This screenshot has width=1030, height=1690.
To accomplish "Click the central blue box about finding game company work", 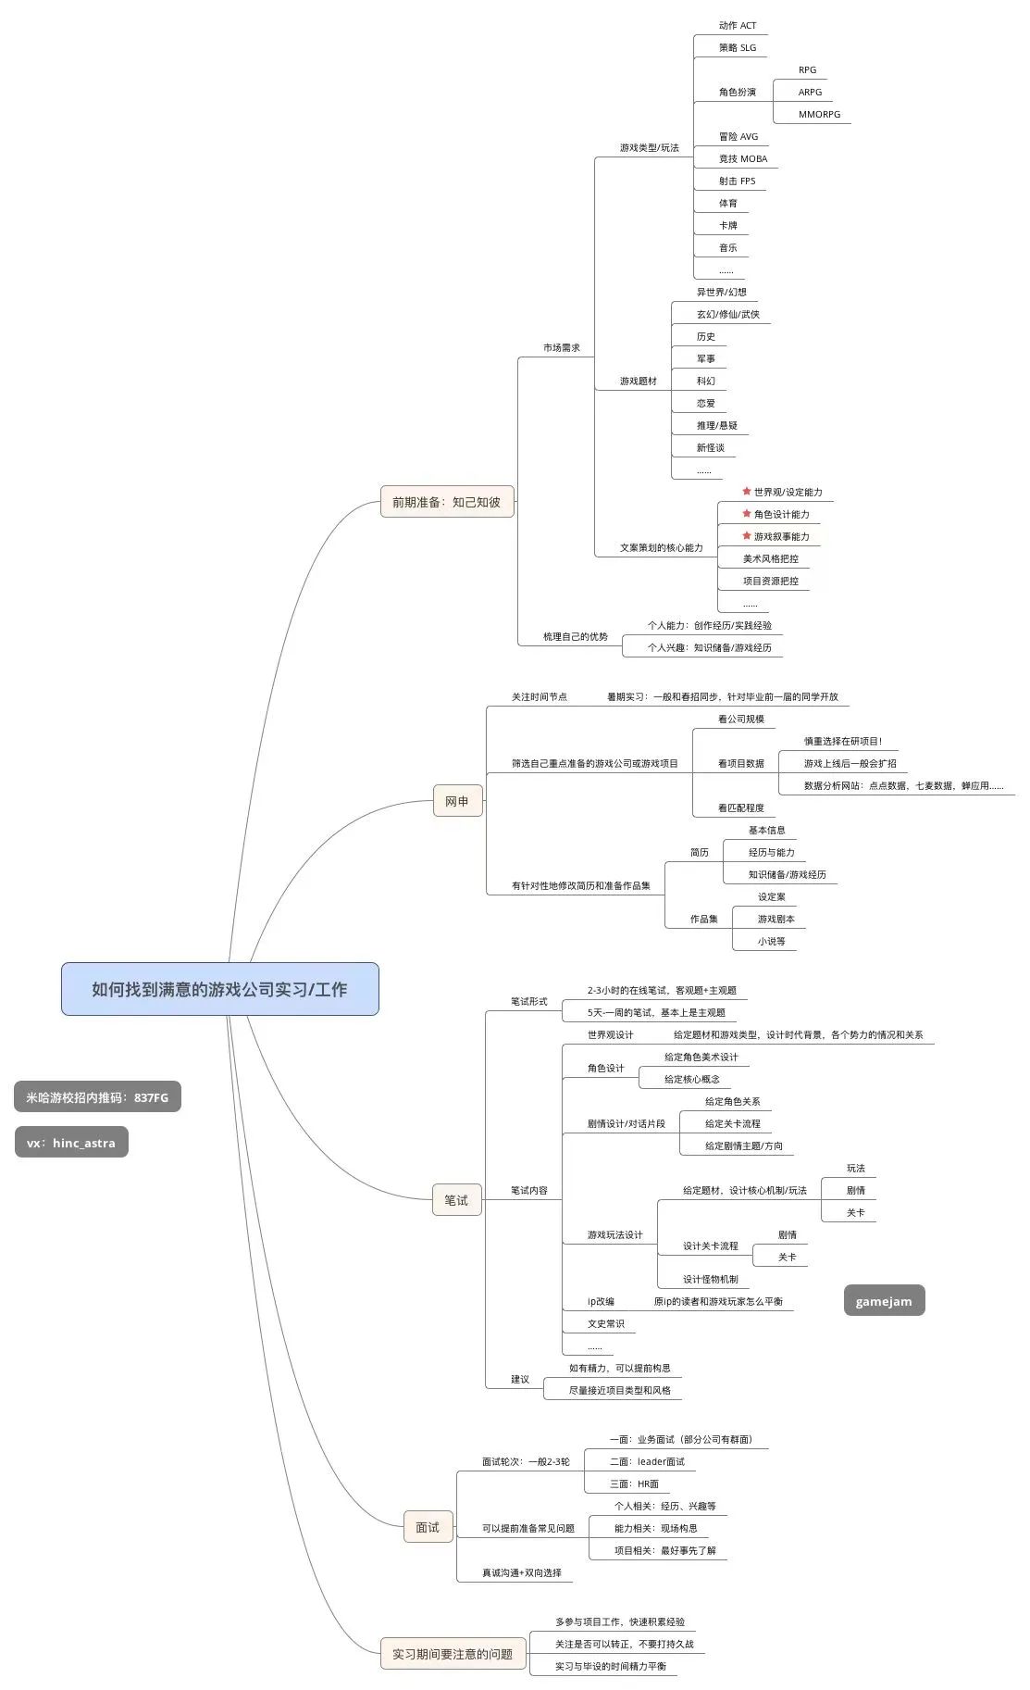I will pyautogui.click(x=219, y=989).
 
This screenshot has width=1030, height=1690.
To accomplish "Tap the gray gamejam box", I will pyautogui.click(x=884, y=1301).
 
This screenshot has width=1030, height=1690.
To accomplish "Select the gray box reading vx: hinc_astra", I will pyautogui.click(x=71, y=1143).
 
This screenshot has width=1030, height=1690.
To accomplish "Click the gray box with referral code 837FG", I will pyautogui.click(x=97, y=1097).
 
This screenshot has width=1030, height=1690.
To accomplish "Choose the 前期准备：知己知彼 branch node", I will pyautogui.click(x=446, y=502).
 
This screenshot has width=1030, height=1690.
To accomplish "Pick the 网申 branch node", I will pyautogui.click(x=457, y=801).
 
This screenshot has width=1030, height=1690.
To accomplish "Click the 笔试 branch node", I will pyautogui.click(x=456, y=1200).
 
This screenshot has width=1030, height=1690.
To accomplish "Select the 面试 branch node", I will pyautogui.click(x=428, y=1527).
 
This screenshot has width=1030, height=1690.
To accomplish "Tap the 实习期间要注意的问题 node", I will pyautogui.click(x=453, y=1654).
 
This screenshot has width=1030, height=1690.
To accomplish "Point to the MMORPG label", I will pyautogui.click(x=819, y=115).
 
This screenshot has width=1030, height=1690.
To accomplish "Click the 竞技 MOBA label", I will pyautogui.click(x=742, y=159).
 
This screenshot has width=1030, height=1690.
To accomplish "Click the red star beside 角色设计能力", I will pyautogui.click(x=747, y=513).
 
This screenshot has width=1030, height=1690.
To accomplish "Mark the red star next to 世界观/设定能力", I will pyautogui.click(x=747, y=491).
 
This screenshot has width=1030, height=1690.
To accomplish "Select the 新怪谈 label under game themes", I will pyautogui.click(x=710, y=448).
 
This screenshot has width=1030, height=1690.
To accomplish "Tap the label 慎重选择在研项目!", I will pyautogui.click(x=842, y=742).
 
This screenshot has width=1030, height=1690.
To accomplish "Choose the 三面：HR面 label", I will pyautogui.click(x=634, y=1483).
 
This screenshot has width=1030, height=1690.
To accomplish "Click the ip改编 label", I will pyautogui.click(x=601, y=1302).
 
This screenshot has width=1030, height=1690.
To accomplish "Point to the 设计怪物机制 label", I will pyautogui.click(x=710, y=1280).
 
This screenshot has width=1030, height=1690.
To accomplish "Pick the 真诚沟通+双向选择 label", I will pyautogui.click(x=521, y=1572).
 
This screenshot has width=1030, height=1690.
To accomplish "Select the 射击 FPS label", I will pyautogui.click(x=737, y=182).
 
